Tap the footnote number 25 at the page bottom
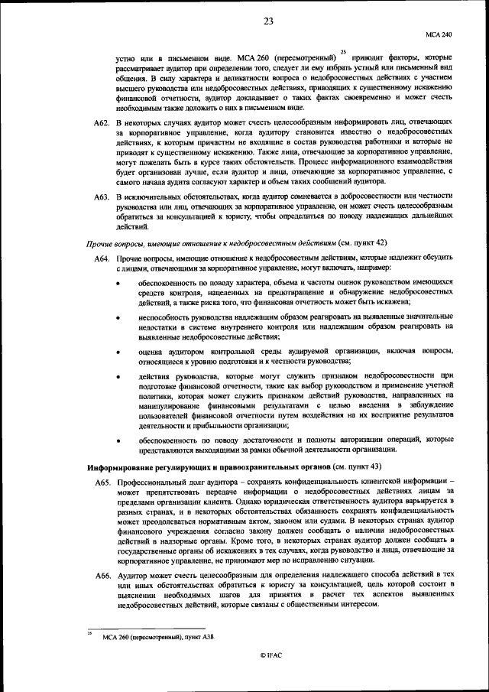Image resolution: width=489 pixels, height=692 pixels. coord(88,633)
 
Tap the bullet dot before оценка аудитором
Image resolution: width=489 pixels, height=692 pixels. coord(118,352)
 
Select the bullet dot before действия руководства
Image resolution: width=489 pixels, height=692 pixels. coord(118,377)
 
